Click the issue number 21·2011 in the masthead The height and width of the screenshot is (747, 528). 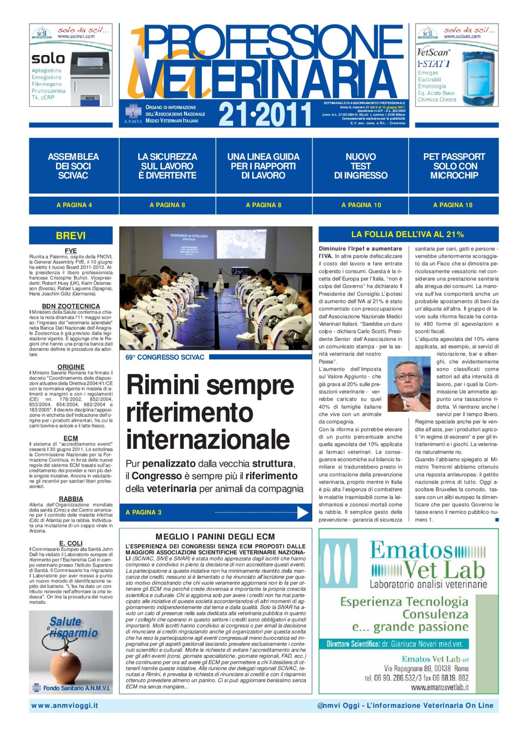(265, 114)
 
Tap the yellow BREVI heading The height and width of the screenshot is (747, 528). (71, 236)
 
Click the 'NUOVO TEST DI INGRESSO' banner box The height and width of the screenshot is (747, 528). (360, 166)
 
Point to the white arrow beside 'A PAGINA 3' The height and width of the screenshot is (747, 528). (302, 513)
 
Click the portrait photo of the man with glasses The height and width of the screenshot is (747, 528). (409, 383)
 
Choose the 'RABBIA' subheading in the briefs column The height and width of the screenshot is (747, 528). (71, 499)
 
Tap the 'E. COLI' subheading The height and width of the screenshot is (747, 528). (71, 543)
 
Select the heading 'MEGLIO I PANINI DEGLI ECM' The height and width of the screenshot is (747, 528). (215, 537)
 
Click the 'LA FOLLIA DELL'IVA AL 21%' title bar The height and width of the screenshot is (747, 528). (407, 234)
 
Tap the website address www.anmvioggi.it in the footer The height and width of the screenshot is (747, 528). (65, 706)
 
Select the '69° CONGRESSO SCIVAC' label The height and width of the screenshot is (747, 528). (165, 357)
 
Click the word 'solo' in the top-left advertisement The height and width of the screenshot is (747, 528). (48, 59)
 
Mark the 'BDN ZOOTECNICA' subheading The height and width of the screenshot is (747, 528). (71, 306)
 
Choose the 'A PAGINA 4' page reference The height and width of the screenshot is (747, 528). (74, 205)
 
